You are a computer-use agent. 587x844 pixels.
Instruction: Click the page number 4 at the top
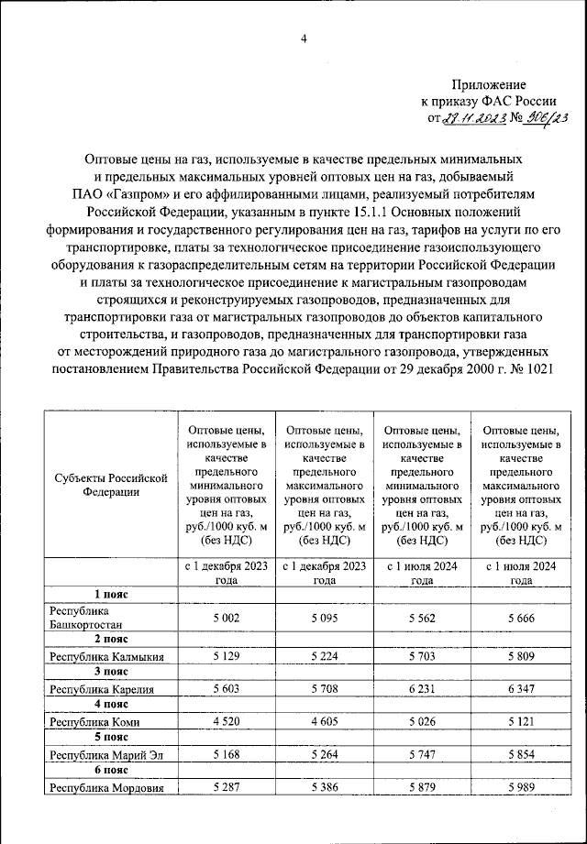coord(303,38)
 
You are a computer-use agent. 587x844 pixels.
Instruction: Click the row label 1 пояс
coord(110,594)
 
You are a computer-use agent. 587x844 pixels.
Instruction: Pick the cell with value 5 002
coord(226,619)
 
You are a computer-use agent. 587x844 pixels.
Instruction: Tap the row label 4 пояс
coord(110,705)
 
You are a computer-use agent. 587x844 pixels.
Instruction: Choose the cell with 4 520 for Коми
coord(226,721)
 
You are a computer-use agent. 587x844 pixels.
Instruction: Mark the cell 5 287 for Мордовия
coord(226,786)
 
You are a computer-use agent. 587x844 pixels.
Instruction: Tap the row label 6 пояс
coord(110,770)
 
